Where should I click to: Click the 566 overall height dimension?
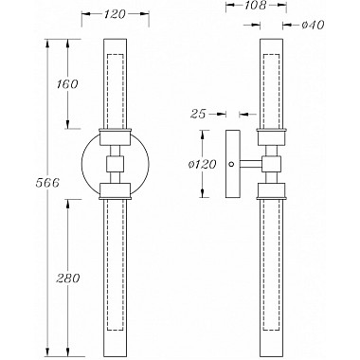pyautogui.click(x=47, y=183)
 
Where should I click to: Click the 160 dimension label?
pyautogui.click(x=67, y=84)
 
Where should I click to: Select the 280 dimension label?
pyautogui.click(x=67, y=279)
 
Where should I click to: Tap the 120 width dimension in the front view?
pyautogui.click(x=115, y=14)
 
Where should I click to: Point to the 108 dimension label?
pyautogui.click(x=255, y=5)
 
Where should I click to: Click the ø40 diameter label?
pyautogui.click(x=313, y=25)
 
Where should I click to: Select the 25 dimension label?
pyautogui.click(x=198, y=114)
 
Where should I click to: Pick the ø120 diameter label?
pyautogui.click(x=202, y=165)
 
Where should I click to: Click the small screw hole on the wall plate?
pyautogui.click(x=231, y=164)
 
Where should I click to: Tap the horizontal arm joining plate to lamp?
pyautogui.click(x=250, y=164)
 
